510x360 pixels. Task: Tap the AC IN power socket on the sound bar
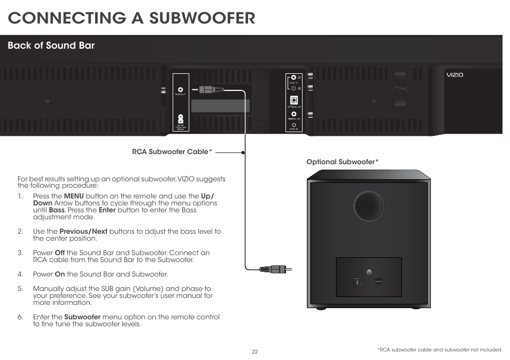181,119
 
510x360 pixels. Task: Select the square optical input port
293,100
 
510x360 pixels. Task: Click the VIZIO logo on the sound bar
455,75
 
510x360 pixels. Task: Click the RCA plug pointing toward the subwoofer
275,269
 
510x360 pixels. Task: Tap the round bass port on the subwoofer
368,205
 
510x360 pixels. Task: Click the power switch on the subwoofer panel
359,281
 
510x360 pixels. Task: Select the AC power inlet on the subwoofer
379,281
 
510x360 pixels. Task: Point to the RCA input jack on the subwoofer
368,272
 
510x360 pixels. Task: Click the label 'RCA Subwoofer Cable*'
172,152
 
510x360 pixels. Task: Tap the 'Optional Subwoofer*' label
342,162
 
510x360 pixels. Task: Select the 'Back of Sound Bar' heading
51,45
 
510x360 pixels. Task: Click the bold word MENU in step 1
74,196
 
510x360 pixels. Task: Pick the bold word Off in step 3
60,253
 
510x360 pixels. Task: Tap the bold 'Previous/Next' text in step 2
83,232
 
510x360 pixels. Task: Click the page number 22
255,351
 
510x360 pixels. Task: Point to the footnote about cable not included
439,350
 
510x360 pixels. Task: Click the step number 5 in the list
20,288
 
